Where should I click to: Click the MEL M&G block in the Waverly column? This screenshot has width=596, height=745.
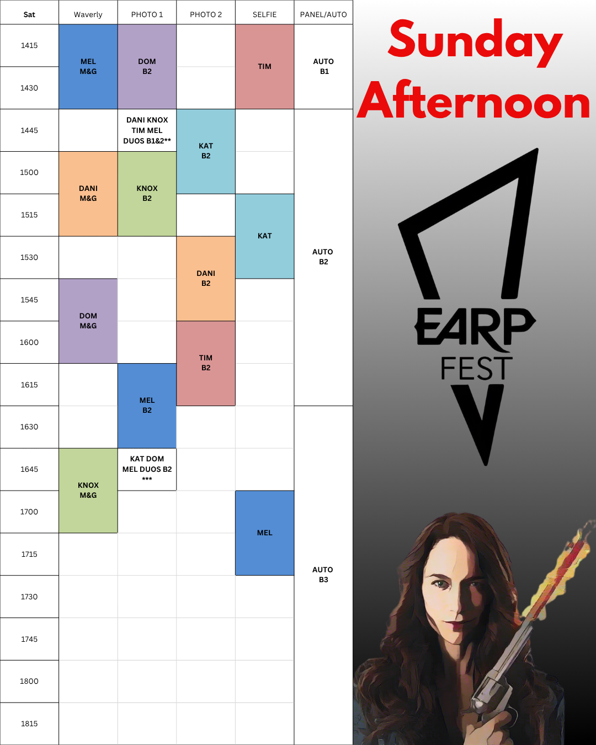point(88,66)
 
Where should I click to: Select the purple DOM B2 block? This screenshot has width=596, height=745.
point(147,66)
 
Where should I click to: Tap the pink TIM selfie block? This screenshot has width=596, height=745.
point(264,66)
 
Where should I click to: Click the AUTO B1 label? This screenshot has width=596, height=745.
point(323,66)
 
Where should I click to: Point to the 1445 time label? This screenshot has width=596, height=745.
point(29,131)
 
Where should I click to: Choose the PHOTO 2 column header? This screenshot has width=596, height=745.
point(206,14)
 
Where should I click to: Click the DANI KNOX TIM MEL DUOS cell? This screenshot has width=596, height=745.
point(147,130)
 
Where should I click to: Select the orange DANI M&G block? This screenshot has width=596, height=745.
point(88,194)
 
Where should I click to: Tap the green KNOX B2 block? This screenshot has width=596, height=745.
point(147,194)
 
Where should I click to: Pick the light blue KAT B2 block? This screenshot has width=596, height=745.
point(206,151)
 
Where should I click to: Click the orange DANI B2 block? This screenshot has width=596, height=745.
point(206,279)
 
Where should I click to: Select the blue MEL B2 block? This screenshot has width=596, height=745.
point(147,406)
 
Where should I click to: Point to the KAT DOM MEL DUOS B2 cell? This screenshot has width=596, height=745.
point(147,469)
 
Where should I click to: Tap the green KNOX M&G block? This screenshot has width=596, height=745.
point(88,491)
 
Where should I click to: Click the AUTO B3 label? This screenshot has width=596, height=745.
point(323,574)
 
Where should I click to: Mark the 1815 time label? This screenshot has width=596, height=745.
point(29,723)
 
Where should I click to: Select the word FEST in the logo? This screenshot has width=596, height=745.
point(476,368)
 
